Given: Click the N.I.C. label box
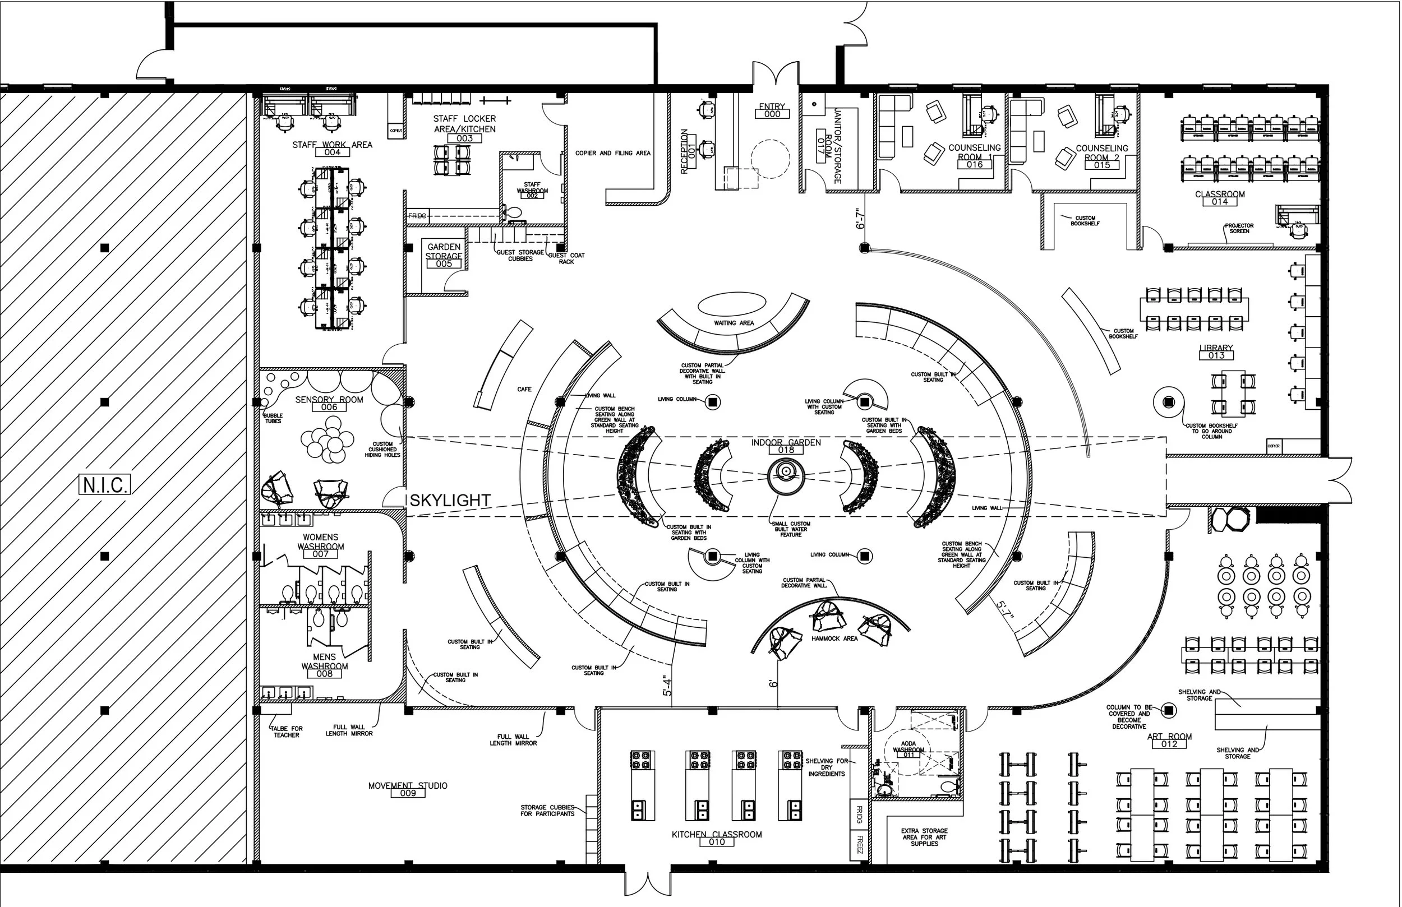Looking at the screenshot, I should tap(104, 485).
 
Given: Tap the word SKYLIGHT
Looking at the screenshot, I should tap(450, 501).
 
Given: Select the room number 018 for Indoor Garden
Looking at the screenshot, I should tap(786, 450).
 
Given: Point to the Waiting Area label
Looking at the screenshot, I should tap(734, 323).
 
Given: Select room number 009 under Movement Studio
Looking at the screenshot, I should tap(408, 793).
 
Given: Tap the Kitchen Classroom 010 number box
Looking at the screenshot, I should tap(716, 842).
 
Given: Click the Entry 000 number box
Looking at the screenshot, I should tap(772, 114).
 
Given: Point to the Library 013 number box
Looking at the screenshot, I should tap(1216, 356).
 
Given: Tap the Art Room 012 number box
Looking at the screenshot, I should tap(1169, 744).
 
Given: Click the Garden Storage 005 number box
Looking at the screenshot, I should tap(444, 264).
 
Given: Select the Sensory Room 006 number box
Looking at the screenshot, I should tap(329, 407).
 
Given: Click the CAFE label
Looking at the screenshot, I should tap(524, 389).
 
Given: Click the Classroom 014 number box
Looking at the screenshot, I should tap(1219, 202).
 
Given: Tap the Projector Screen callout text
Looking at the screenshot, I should tap(1239, 229).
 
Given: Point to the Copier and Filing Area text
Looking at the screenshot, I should tap(612, 153).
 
